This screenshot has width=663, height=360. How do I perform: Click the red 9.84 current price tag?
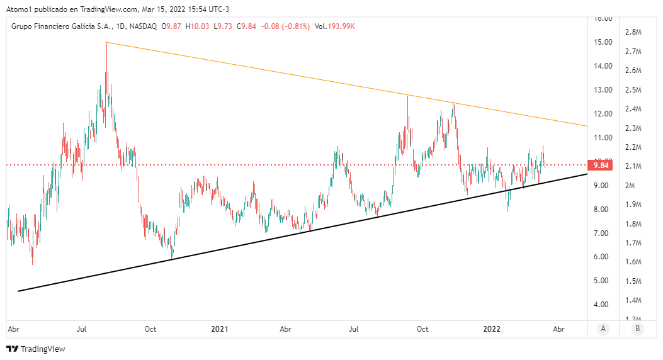[x=598, y=166]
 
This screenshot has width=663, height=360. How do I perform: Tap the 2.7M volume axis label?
[x=633, y=52]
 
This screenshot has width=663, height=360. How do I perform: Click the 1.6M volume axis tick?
[x=633, y=262]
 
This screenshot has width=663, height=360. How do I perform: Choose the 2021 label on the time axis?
[x=219, y=329]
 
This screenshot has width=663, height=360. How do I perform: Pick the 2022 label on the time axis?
[x=491, y=329]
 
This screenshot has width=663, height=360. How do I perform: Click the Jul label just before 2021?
[x=82, y=329]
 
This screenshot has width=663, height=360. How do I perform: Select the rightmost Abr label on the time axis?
[x=558, y=329]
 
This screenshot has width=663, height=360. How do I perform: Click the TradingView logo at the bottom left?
[x=36, y=349]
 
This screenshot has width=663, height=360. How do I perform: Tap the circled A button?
[x=603, y=329]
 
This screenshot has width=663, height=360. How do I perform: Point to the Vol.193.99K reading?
[x=334, y=26]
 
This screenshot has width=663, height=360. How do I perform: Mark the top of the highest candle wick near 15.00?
[x=106, y=42]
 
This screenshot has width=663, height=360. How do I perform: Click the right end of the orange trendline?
[x=587, y=126]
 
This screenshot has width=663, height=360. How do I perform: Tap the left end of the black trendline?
[x=18, y=291]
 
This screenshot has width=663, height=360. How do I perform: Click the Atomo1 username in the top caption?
[x=19, y=9]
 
